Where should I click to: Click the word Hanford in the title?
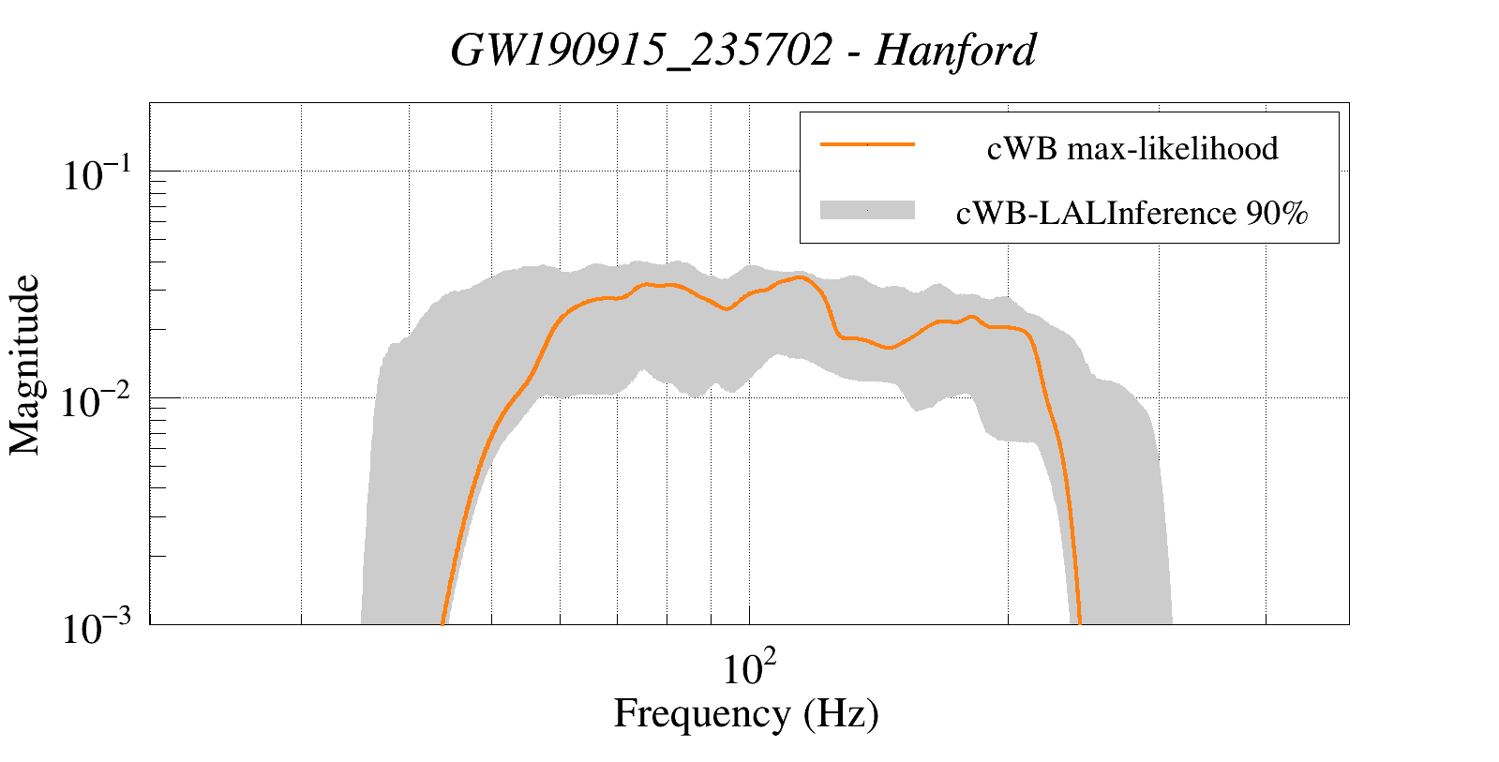[955, 51]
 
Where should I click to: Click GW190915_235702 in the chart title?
[641, 51]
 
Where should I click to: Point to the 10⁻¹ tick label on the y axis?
[100, 174]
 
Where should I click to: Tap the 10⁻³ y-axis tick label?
[100, 628]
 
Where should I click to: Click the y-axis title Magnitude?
[25, 365]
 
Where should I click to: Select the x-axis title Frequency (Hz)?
[746, 713]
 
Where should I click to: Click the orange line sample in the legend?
[867, 145]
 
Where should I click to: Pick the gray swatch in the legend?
[867, 210]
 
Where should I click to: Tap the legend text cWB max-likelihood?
[1132, 148]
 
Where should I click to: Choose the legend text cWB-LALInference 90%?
[1132, 214]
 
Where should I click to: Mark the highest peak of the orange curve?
[800, 276]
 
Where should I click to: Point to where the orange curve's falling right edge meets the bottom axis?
[1080, 622]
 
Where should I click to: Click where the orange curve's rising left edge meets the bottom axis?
[442, 622]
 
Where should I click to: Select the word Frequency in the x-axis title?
[701, 713]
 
